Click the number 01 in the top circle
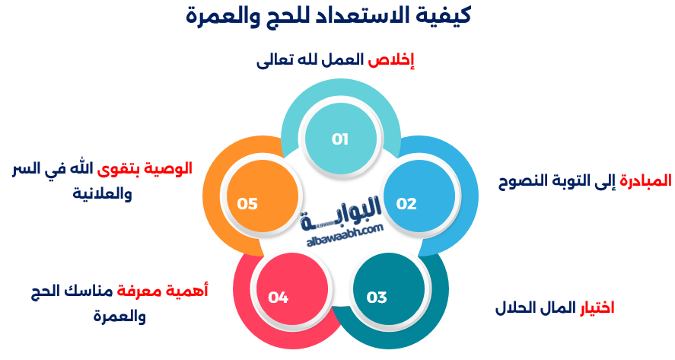(340, 139)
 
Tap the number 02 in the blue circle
(406, 204)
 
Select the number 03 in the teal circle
(377, 297)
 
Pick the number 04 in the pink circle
(278, 297)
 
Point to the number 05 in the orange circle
(247, 204)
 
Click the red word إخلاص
(391, 60)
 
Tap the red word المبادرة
(646, 180)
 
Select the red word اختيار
(597, 307)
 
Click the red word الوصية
(168, 168)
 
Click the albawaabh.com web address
(345, 235)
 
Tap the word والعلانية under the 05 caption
(102, 193)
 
